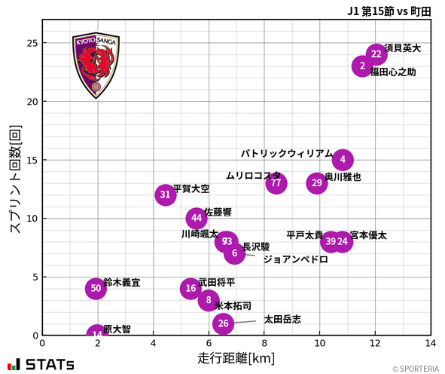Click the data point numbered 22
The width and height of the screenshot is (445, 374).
[x=376, y=54]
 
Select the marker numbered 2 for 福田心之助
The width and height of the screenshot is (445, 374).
[x=363, y=66]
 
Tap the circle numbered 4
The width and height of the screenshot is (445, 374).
[x=343, y=160]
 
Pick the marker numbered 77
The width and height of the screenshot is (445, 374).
[x=276, y=183]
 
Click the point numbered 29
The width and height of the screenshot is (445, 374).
[x=317, y=183]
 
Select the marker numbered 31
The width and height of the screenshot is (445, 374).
[x=166, y=195]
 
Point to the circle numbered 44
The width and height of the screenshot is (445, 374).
[x=197, y=218]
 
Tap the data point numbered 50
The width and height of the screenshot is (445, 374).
[x=96, y=288]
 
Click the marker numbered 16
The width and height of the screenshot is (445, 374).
[x=191, y=288]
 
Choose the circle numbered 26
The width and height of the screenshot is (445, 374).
[x=223, y=323]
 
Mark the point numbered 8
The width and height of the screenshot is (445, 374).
[x=209, y=300]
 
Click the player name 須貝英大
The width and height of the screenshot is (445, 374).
[x=403, y=48]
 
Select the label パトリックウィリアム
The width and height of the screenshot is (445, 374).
[x=287, y=154]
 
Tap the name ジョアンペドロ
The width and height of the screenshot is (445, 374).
[x=295, y=259]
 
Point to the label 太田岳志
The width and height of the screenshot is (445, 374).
[x=282, y=320]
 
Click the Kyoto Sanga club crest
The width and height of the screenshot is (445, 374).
[x=96, y=66]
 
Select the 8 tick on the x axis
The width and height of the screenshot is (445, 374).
[x=264, y=343]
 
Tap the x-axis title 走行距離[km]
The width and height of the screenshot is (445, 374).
[x=236, y=357]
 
